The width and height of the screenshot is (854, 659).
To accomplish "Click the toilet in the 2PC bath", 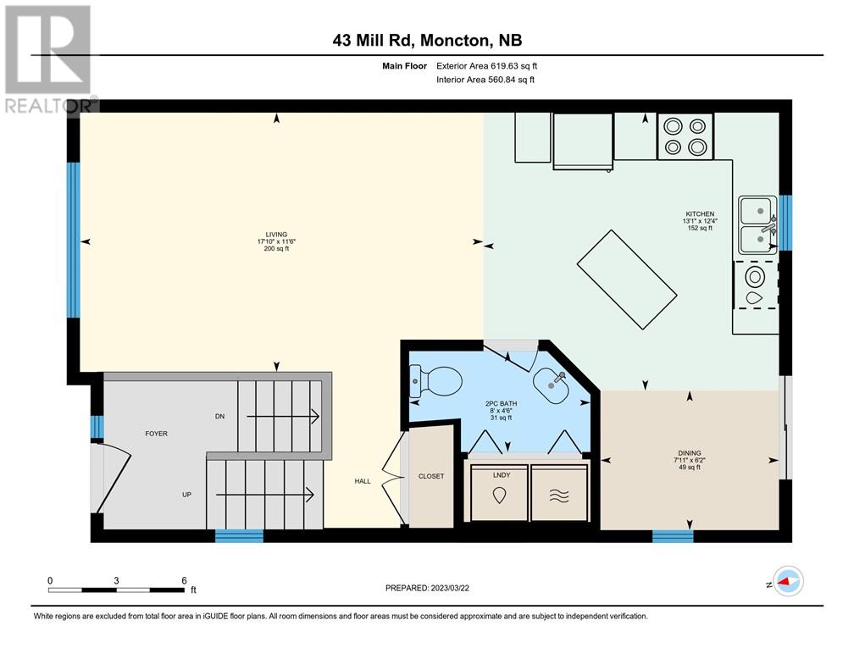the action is click(435, 381).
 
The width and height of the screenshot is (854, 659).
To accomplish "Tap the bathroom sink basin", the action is click(552, 385).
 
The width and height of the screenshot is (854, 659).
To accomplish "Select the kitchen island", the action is click(627, 280).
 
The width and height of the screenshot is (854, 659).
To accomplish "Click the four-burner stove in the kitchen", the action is click(685, 136).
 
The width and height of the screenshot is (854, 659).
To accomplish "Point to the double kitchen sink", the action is click(758, 225).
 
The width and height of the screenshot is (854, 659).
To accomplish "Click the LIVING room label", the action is click(276, 235).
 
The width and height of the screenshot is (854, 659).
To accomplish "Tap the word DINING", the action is click(690, 453).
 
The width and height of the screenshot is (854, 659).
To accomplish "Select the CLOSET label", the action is click(431, 476).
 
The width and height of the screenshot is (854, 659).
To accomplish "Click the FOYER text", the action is click(156, 434).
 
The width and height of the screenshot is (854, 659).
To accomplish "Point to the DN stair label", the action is click(219, 416).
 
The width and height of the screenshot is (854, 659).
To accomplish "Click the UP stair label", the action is click(186, 495).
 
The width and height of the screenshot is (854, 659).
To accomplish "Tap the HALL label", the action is click(363, 481).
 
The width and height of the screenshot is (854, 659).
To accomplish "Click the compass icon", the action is click(788, 581).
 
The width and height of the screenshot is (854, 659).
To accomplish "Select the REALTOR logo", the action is click(49, 58).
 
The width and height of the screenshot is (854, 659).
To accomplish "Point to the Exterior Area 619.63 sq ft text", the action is click(487, 66).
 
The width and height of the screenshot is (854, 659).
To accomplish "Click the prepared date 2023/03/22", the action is click(450, 588).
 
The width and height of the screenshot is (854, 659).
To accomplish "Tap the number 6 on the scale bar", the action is click(184, 580).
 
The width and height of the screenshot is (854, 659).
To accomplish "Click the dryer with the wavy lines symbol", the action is click(559, 493).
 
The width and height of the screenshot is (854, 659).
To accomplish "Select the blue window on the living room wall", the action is click(74, 240).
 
